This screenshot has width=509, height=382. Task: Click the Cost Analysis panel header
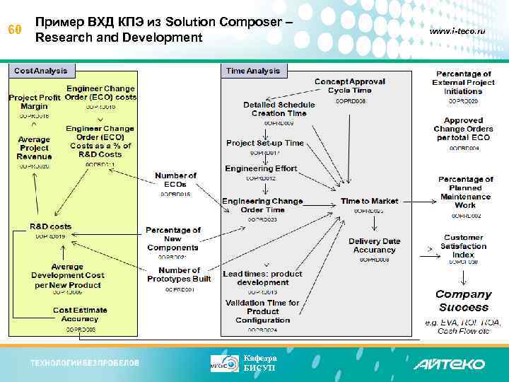point(41,71)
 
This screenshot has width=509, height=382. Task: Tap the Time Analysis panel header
point(253,71)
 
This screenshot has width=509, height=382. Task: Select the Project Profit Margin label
point(34,101)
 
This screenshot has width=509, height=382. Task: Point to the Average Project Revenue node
point(34,148)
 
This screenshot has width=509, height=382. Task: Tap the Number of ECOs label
point(175,180)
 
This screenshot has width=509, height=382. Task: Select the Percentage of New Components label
point(174,238)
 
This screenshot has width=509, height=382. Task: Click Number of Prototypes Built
point(180,275)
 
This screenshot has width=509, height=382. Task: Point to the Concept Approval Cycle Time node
point(349,86)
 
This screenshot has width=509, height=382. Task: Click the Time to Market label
point(369,202)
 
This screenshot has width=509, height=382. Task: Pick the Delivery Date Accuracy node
point(374,245)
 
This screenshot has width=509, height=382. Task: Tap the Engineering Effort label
point(261,169)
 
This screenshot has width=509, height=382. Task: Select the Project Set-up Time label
point(264,143)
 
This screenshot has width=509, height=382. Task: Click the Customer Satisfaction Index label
point(463,246)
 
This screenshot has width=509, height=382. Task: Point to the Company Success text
point(463,301)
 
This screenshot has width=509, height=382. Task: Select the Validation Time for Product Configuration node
point(262,311)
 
